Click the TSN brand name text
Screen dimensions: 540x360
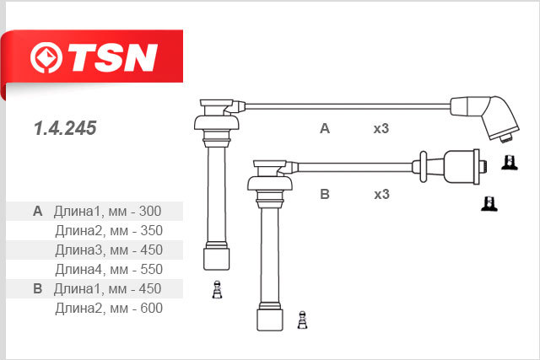[x=113, y=57]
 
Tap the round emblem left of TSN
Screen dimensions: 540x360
[x=46, y=57]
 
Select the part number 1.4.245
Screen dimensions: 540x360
[x=65, y=128]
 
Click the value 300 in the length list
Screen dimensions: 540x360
[x=150, y=211]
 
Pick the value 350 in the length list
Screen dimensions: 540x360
[x=152, y=231]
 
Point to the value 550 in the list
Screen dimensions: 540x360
[x=152, y=269]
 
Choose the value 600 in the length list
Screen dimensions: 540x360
[x=152, y=308]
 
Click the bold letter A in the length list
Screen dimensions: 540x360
[x=37, y=211]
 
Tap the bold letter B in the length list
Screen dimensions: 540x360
[x=37, y=288]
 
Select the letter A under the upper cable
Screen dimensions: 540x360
[x=325, y=128]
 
